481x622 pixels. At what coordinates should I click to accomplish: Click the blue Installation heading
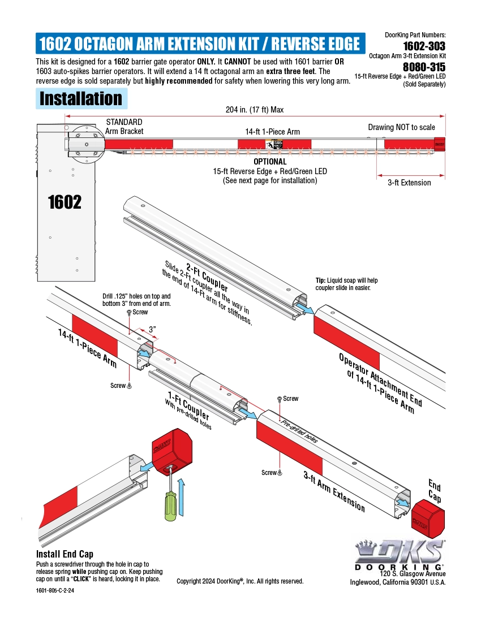pos(80,98)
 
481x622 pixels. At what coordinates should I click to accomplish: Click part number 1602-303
pos(424,46)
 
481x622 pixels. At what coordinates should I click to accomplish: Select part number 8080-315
pos(424,67)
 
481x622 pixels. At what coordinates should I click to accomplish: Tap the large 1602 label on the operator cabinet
pos(65,201)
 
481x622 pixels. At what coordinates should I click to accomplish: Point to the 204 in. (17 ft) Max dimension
pos(254,110)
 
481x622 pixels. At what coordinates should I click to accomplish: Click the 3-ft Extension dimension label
pos(409,183)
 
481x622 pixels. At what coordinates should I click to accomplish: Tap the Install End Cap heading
pos(65,554)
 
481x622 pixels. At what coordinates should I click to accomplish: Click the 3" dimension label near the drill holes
pos(153,329)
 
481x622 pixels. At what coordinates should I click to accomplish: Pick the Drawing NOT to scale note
pos(401,127)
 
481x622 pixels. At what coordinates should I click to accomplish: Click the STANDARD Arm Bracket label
pos(124,126)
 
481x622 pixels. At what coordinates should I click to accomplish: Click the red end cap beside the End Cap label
pos(428,519)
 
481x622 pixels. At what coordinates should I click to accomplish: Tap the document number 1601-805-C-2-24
pos(55,590)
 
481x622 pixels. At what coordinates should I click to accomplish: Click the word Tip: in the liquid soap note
pos(321,280)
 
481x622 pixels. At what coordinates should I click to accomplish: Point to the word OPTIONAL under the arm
pos(270,162)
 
